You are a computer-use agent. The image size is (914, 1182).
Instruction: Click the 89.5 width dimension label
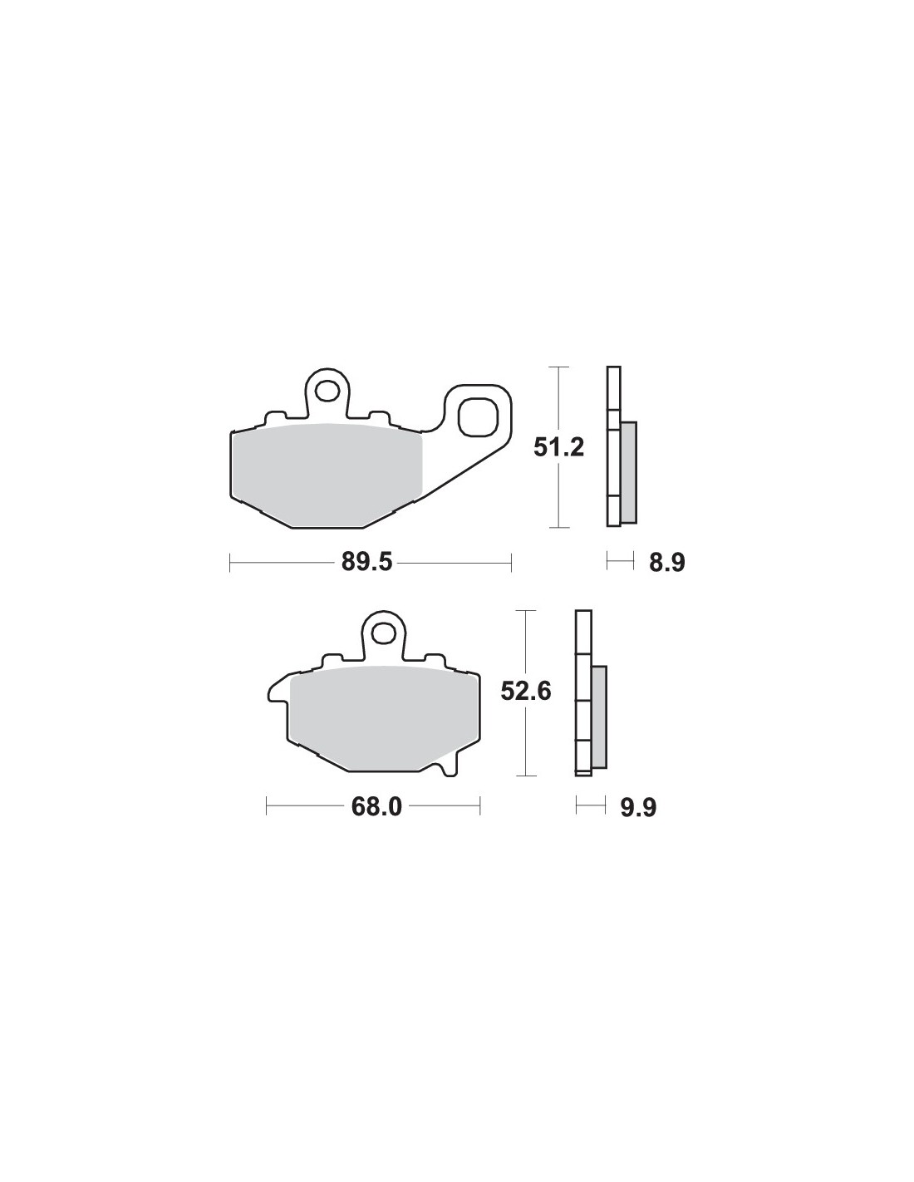click(x=366, y=562)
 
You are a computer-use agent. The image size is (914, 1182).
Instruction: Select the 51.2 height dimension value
click(x=558, y=447)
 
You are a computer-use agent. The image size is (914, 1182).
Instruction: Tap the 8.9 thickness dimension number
click(x=667, y=563)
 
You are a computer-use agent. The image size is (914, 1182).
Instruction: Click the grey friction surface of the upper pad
click(x=327, y=475)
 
